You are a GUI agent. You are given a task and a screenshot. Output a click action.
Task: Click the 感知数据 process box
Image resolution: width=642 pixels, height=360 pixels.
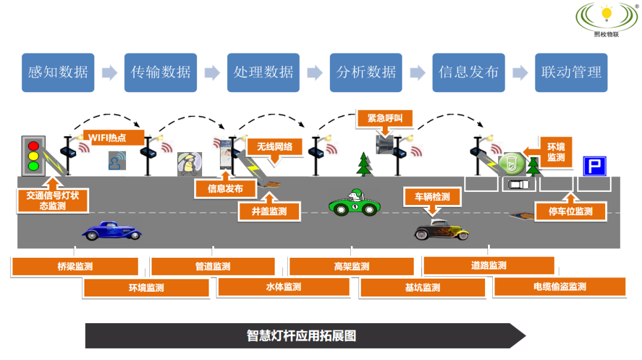(x=58, y=72)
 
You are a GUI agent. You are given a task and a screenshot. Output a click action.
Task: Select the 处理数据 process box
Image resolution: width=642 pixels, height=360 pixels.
(x=263, y=72)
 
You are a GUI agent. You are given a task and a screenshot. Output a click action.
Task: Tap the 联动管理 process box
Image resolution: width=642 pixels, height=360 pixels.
(x=571, y=72)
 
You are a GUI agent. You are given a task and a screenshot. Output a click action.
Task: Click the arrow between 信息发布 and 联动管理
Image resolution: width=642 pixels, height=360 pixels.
(x=520, y=72)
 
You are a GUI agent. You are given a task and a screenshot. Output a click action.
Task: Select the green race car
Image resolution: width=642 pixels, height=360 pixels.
(x=354, y=203)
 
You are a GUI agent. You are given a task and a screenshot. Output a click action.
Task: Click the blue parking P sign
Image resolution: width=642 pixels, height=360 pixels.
(x=593, y=166)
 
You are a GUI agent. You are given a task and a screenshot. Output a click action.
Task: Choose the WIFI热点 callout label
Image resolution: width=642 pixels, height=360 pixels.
(x=114, y=138)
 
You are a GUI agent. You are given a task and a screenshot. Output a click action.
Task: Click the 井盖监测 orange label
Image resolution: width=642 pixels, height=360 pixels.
(x=269, y=211)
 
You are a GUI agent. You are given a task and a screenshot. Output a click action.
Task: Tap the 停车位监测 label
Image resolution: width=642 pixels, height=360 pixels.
(x=571, y=211)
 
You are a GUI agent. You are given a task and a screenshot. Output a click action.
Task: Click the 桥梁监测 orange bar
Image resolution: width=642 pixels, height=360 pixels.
(x=75, y=267)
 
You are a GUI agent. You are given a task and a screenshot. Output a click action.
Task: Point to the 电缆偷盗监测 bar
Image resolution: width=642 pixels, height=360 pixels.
(x=559, y=286)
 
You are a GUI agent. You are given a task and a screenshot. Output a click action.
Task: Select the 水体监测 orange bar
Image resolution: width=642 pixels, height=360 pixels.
(x=283, y=287)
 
